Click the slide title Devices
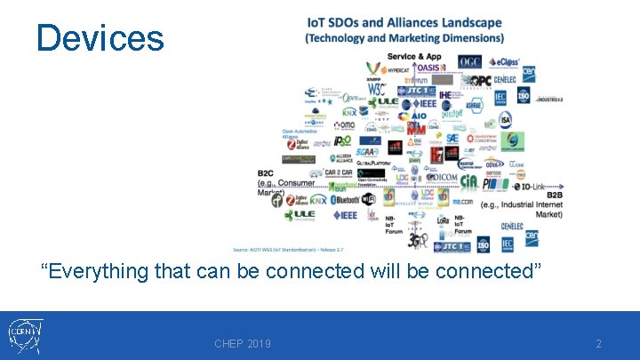(x=100, y=38)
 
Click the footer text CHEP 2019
(x=243, y=344)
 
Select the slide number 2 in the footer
(x=598, y=344)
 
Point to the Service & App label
(x=414, y=56)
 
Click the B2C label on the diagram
(x=266, y=173)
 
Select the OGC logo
(x=470, y=62)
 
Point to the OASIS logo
(x=429, y=68)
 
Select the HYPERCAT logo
(x=390, y=68)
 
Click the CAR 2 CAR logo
(x=339, y=172)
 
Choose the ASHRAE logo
(x=474, y=105)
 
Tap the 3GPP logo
(x=417, y=238)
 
